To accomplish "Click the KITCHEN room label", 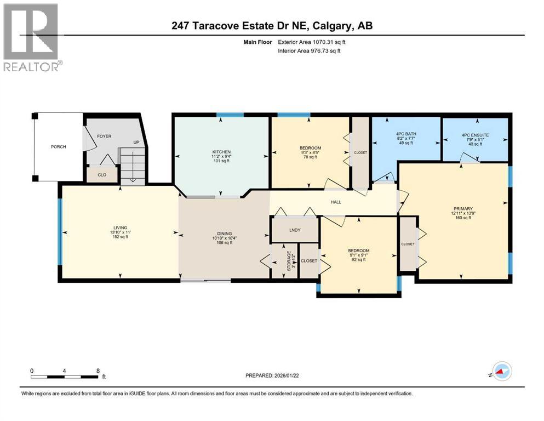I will [221, 152].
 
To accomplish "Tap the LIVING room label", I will [120, 227].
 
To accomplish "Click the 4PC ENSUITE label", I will [475, 135].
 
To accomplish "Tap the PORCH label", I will [58, 146].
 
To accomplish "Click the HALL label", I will [336, 202].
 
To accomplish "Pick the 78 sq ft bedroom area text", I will [310, 158].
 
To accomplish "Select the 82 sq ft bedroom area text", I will [359, 260].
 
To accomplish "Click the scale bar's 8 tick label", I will [98, 371].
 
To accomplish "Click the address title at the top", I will [272, 26].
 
